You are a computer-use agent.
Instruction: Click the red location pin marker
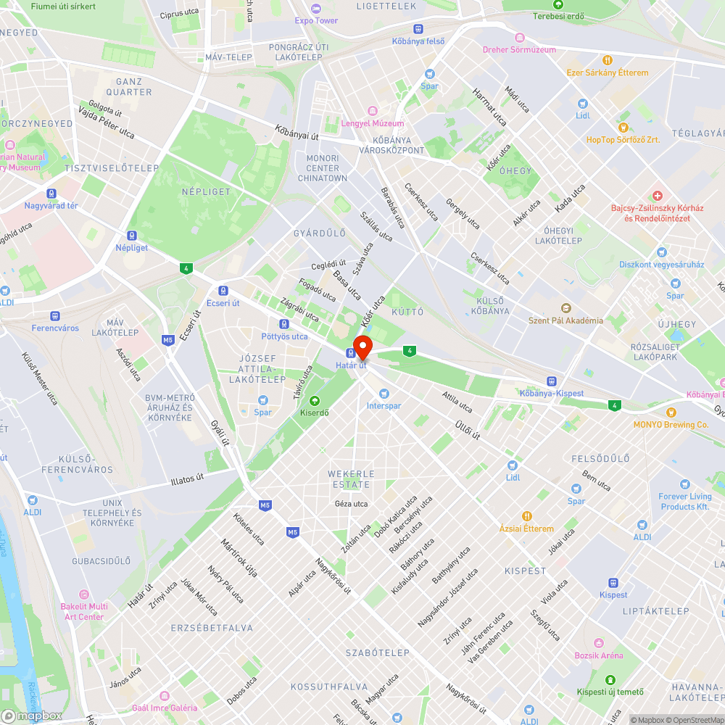pyautogui.click(x=362, y=347)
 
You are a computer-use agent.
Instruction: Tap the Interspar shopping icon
pyautogui.click(x=383, y=394)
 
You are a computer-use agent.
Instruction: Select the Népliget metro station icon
pyautogui.click(x=131, y=235)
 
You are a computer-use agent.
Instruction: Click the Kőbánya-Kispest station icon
pyautogui.click(x=551, y=381)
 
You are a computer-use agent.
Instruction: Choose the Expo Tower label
pyautogui.click(x=316, y=20)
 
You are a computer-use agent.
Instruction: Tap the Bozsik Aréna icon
pyautogui.click(x=599, y=643)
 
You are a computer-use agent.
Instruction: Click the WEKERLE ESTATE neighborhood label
pyautogui.click(x=352, y=478)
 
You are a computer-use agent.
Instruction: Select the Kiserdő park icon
pyautogui.click(x=314, y=401)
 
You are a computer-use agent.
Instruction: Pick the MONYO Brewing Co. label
pyautogui.click(x=671, y=425)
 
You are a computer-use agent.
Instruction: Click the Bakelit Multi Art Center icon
pyautogui.click(x=83, y=594)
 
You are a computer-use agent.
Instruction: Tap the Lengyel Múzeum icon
pyautogui.click(x=372, y=111)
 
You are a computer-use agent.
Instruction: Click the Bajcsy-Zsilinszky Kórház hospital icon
pyautogui.click(x=657, y=196)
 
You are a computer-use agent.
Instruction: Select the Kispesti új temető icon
pyautogui.click(x=610, y=679)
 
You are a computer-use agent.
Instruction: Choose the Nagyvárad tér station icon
pyautogui.click(x=51, y=194)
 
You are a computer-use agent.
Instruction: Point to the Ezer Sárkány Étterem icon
pyautogui.click(x=608, y=61)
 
